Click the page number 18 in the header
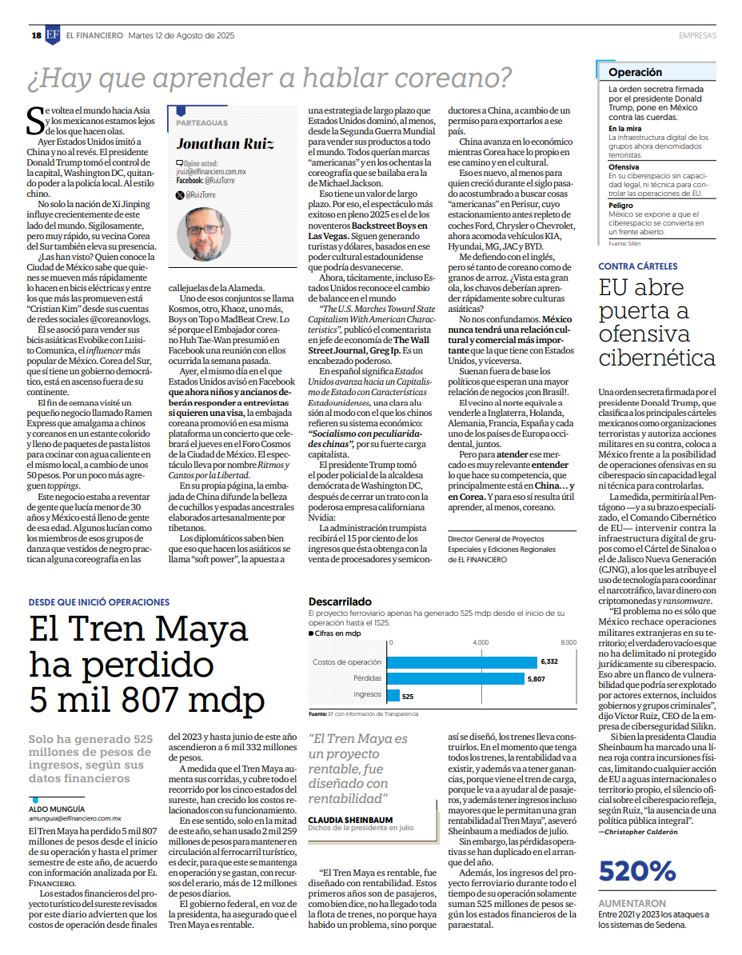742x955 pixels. tap(36, 35)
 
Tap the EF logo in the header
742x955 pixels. tap(53, 35)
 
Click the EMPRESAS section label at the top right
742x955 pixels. tap(697, 35)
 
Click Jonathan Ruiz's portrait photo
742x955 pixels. tap(203, 234)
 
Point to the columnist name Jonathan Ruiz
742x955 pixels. tap(225, 144)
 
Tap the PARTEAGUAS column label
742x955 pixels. tap(201, 123)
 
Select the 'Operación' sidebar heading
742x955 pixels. tap(635, 72)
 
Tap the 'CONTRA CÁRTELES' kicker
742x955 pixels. tap(638, 266)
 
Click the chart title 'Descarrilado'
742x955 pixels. tap(340, 601)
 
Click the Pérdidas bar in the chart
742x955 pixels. tap(456, 678)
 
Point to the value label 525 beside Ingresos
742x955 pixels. tap(408, 696)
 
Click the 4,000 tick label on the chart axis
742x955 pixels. tap(481, 642)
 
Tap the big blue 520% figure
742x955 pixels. tap(638, 871)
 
